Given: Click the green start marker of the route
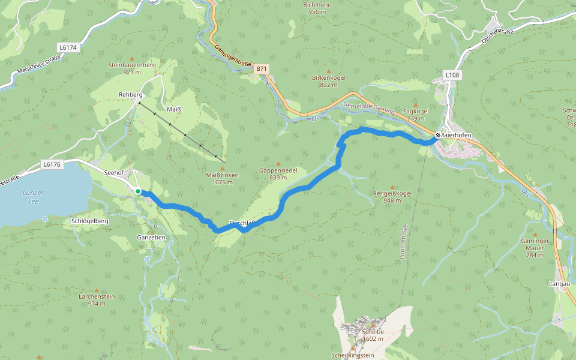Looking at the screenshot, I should (x=138, y=191).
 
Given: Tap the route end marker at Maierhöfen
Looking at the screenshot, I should (x=437, y=135).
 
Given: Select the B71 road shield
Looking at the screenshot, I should (x=261, y=69).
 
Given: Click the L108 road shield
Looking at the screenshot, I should (x=452, y=74).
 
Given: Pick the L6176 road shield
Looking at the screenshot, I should (x=52, y=164).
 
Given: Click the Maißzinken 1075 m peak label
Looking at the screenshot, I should (x=222, y=178).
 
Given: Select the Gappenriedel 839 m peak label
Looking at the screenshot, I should (x=278, y=173).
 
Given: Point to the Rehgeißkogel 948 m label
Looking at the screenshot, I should (x=392, y=197).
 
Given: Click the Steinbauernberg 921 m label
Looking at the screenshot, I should (x=132, y=68).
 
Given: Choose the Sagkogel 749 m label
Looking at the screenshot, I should (x=416, y=114).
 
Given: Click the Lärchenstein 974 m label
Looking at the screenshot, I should (x=96, y=299).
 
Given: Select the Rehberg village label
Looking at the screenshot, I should (x=130, y=95).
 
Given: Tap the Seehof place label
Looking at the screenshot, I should (x=114, y=172).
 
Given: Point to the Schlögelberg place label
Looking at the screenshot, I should (x=89, y=221).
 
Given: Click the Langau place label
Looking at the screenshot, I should (x=558, y=283).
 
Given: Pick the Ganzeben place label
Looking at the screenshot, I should (x=151, y=238).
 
